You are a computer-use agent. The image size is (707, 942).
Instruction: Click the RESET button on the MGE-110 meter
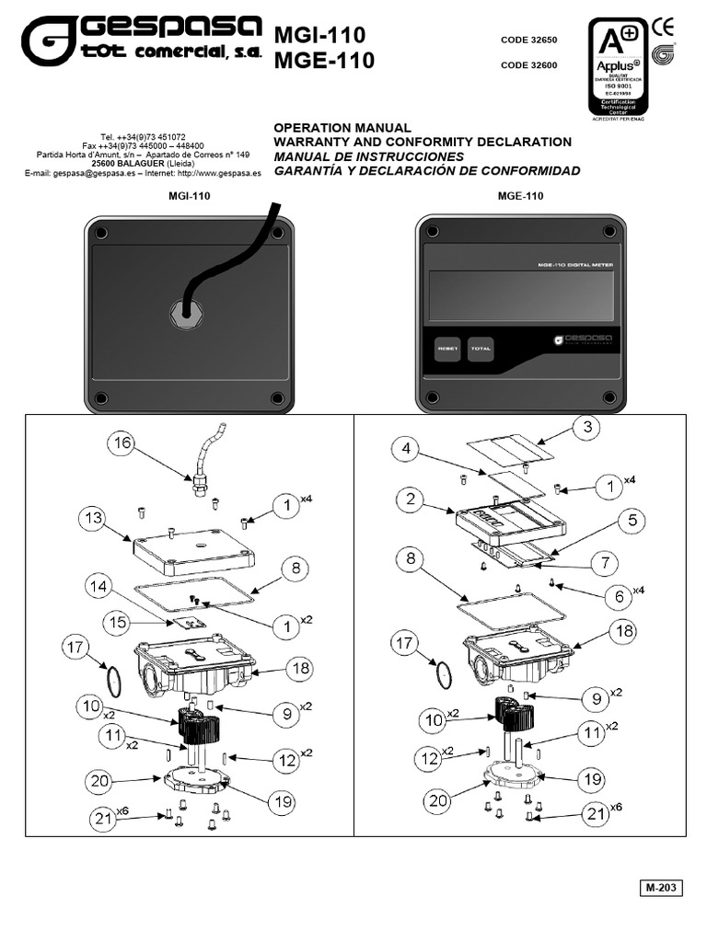click(x=448, y=349)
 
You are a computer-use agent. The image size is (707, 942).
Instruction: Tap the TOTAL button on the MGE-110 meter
click(x=481, y=349)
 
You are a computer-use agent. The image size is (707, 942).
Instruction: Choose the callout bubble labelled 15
click(x=116, y=621)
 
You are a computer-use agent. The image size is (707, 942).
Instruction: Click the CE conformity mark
click(x=662, y=27)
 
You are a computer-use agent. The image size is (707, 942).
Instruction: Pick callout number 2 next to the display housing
click(x=410, y=500)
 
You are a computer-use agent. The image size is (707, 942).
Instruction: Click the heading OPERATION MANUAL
click(x=342, y=127)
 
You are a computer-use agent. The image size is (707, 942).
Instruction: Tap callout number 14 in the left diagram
click(x=101, y=585)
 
